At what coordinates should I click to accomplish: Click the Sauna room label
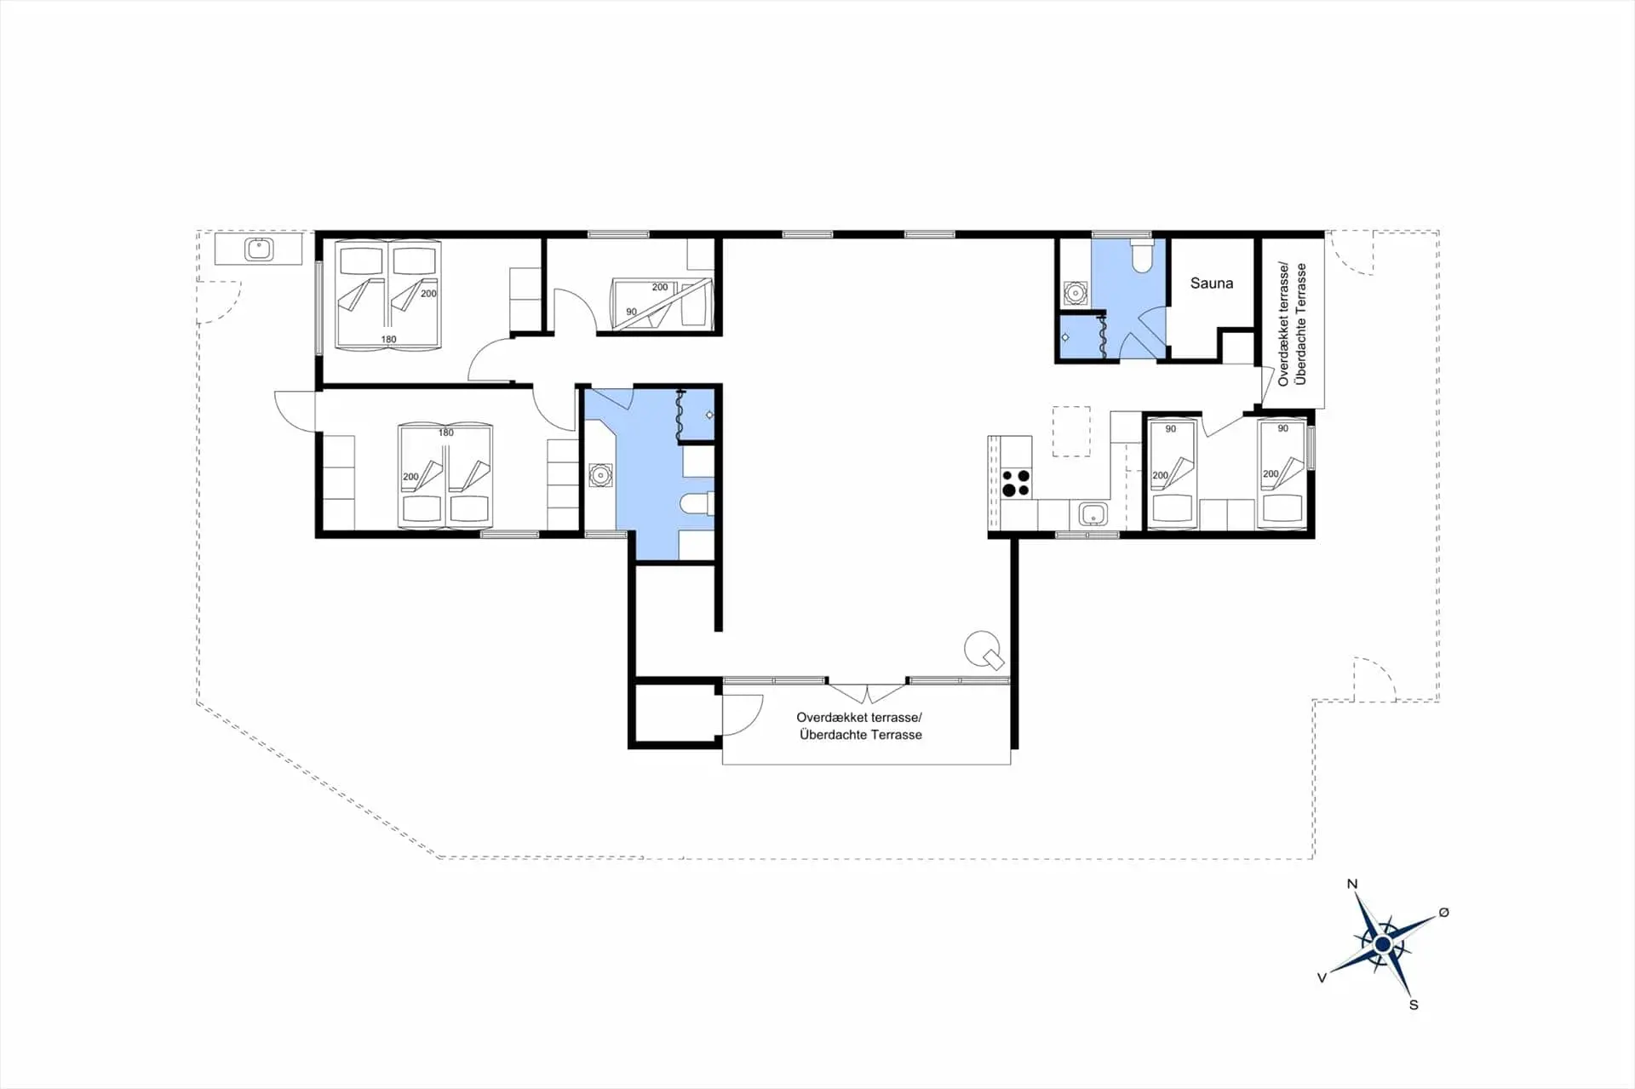[1211, 284]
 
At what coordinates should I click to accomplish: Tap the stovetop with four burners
[1016, 483]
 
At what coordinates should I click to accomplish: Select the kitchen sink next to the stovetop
[1093, 514]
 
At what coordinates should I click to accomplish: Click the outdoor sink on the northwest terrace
[258, 249]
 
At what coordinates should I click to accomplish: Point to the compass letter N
[1351, 884]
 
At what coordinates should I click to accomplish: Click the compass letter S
[1414, 1005]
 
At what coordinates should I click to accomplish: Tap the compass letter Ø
[1443, 913]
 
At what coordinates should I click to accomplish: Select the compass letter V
[1322, 978]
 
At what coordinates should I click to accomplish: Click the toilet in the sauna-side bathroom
[1141, 255]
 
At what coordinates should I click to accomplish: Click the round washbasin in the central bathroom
[600, 474]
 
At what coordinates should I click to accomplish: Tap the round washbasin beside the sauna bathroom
[1076, 294]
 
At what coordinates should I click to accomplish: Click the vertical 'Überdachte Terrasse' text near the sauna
[1300, 324]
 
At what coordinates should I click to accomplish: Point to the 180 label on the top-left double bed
[388, 339]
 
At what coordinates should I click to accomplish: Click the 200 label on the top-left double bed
[428, 294]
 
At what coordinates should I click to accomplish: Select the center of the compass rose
[1383, 944]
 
